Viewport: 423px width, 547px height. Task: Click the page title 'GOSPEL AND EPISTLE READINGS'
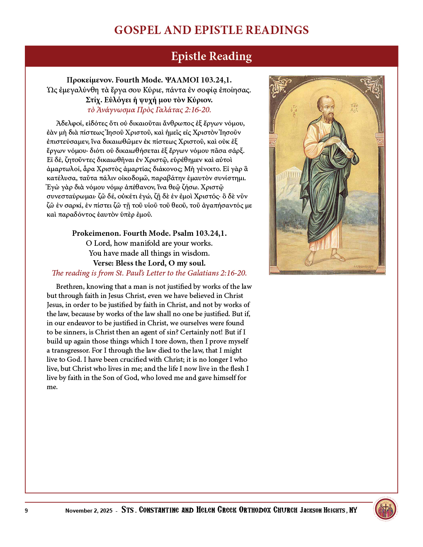(x=211, y=30)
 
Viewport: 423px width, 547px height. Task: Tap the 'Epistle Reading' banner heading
(x=211, y=56)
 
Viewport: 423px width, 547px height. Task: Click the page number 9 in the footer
(x=27, y=511)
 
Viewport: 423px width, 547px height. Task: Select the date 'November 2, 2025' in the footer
(x=89, y=511)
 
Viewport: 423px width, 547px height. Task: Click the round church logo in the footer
(x=386, y=509)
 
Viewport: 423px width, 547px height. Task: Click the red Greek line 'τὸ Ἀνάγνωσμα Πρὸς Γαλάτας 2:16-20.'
(x=149, y=110)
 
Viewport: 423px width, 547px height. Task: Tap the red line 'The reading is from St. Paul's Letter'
(x=149, y=273)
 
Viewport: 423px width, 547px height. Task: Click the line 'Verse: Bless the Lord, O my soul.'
(x=149, y=263)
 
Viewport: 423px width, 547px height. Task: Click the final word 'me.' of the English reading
(x=52, y=387)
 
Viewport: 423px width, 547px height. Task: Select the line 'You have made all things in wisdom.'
(x=149, y=253)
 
